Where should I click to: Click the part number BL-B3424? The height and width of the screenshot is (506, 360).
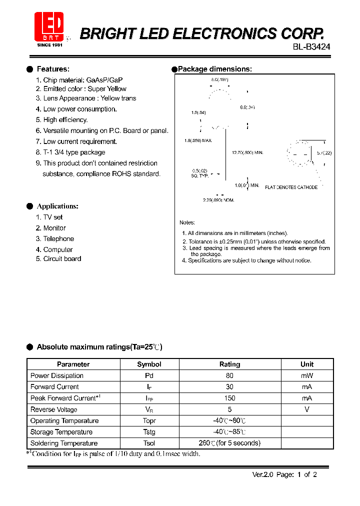[311, 46]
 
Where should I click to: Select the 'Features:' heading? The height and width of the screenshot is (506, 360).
[53, 69]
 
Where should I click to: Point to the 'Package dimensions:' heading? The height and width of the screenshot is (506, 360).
[214, 69]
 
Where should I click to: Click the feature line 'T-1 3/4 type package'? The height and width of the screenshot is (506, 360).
[74, 152]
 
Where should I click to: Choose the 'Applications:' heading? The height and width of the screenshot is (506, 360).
[57, 206]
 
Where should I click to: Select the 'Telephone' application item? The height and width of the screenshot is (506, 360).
[58, 239]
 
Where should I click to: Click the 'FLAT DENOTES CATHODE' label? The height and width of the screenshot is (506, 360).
[291, 187]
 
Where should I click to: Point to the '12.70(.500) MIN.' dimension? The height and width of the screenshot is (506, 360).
[247, 152]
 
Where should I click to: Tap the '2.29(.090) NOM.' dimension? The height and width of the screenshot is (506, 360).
[218, 200]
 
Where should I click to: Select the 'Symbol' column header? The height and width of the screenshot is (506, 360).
[149, 364]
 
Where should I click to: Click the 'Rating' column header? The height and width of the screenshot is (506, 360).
[230, 364]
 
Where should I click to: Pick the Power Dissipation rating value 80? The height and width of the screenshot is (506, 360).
[230, 375]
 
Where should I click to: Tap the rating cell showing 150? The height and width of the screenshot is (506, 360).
[230, 398]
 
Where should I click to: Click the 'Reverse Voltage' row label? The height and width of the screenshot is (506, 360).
[54, 409]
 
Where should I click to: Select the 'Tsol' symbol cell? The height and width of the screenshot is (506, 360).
[149, 443]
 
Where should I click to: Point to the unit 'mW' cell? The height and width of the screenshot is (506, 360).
[307, 375]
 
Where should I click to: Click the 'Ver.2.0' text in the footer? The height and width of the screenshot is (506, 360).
[261, 475]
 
